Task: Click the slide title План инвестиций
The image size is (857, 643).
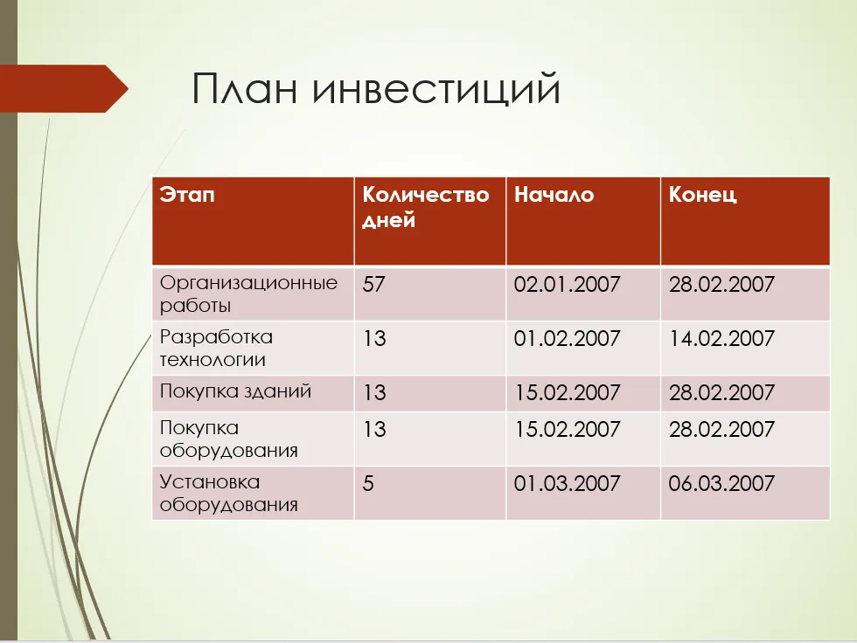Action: pos(376,88)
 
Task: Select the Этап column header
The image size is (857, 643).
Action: pos(187,194)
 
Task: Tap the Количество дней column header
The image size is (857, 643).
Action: pos(425,207)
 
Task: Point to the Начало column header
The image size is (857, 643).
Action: pos(554,194)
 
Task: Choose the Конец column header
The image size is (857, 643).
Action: pos(702,194)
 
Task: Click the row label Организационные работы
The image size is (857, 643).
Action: pos(248,294)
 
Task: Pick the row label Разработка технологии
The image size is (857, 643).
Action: pos(216,348)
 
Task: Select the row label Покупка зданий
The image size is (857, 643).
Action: pos(235,391)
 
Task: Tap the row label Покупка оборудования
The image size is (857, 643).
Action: pos(228,439)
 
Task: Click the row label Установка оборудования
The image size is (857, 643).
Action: pos(228,493)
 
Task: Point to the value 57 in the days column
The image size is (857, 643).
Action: pos(374,284)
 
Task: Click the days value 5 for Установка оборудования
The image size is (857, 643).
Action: pos(368,483)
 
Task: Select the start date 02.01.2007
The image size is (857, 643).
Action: pos(567,284)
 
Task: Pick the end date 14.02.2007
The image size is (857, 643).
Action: pos(721,338)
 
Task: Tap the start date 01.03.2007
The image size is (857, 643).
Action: pos(567,483)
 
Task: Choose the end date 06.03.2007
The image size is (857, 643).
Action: pos(721,483)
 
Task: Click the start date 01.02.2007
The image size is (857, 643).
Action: pos(567,338)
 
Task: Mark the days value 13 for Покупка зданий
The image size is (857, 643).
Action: pos(374,392)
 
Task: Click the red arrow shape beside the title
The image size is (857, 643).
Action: pos(64,88)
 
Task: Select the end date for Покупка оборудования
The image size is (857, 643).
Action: pos(721,429)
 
